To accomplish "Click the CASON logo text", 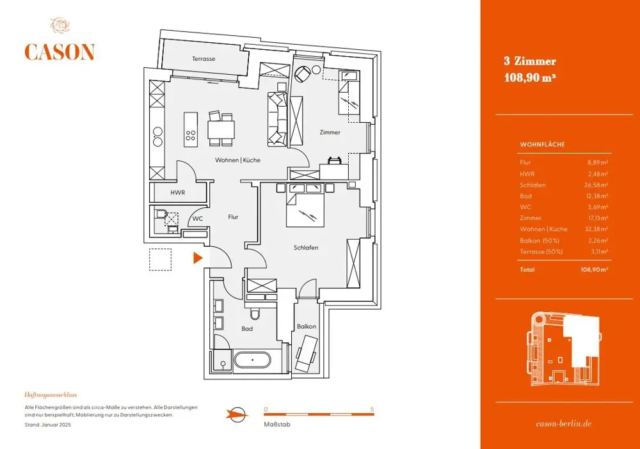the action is [x=60, y=52].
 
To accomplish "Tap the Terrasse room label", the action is [x=204, y=59].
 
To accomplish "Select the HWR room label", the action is [x=178, y=193].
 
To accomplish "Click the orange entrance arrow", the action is [x=198, y=258].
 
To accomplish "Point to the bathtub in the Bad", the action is [x=252, y=360].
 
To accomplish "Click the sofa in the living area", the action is [x=278, y=118].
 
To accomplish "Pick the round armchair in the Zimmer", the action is [x=303, y=74].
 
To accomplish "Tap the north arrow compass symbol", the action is [x=237, y=415].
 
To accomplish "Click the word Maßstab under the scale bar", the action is [x=277, y=425].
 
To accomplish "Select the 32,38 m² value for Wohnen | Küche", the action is [x=596, y=229].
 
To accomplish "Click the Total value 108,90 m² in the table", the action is [x=595, y=269].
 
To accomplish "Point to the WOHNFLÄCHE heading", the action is [x=543, y=145].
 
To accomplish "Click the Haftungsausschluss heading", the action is [x=51, y=395].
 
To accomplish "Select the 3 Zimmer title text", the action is [x=530, y=61].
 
